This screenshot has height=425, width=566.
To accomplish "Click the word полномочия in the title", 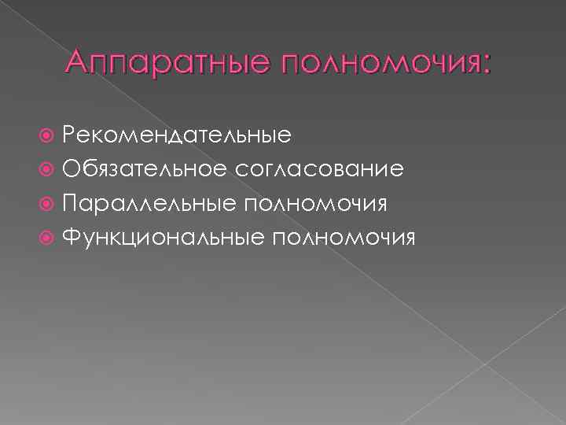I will click(x=376, y=62).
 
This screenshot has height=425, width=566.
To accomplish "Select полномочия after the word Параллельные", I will click(x=317, y=205).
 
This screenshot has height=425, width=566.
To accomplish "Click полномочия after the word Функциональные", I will click(x=344, y=238).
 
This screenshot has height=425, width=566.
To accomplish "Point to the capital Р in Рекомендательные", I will click(x=69, y=135).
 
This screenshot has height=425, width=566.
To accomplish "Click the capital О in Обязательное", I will click(x=71, y=169).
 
